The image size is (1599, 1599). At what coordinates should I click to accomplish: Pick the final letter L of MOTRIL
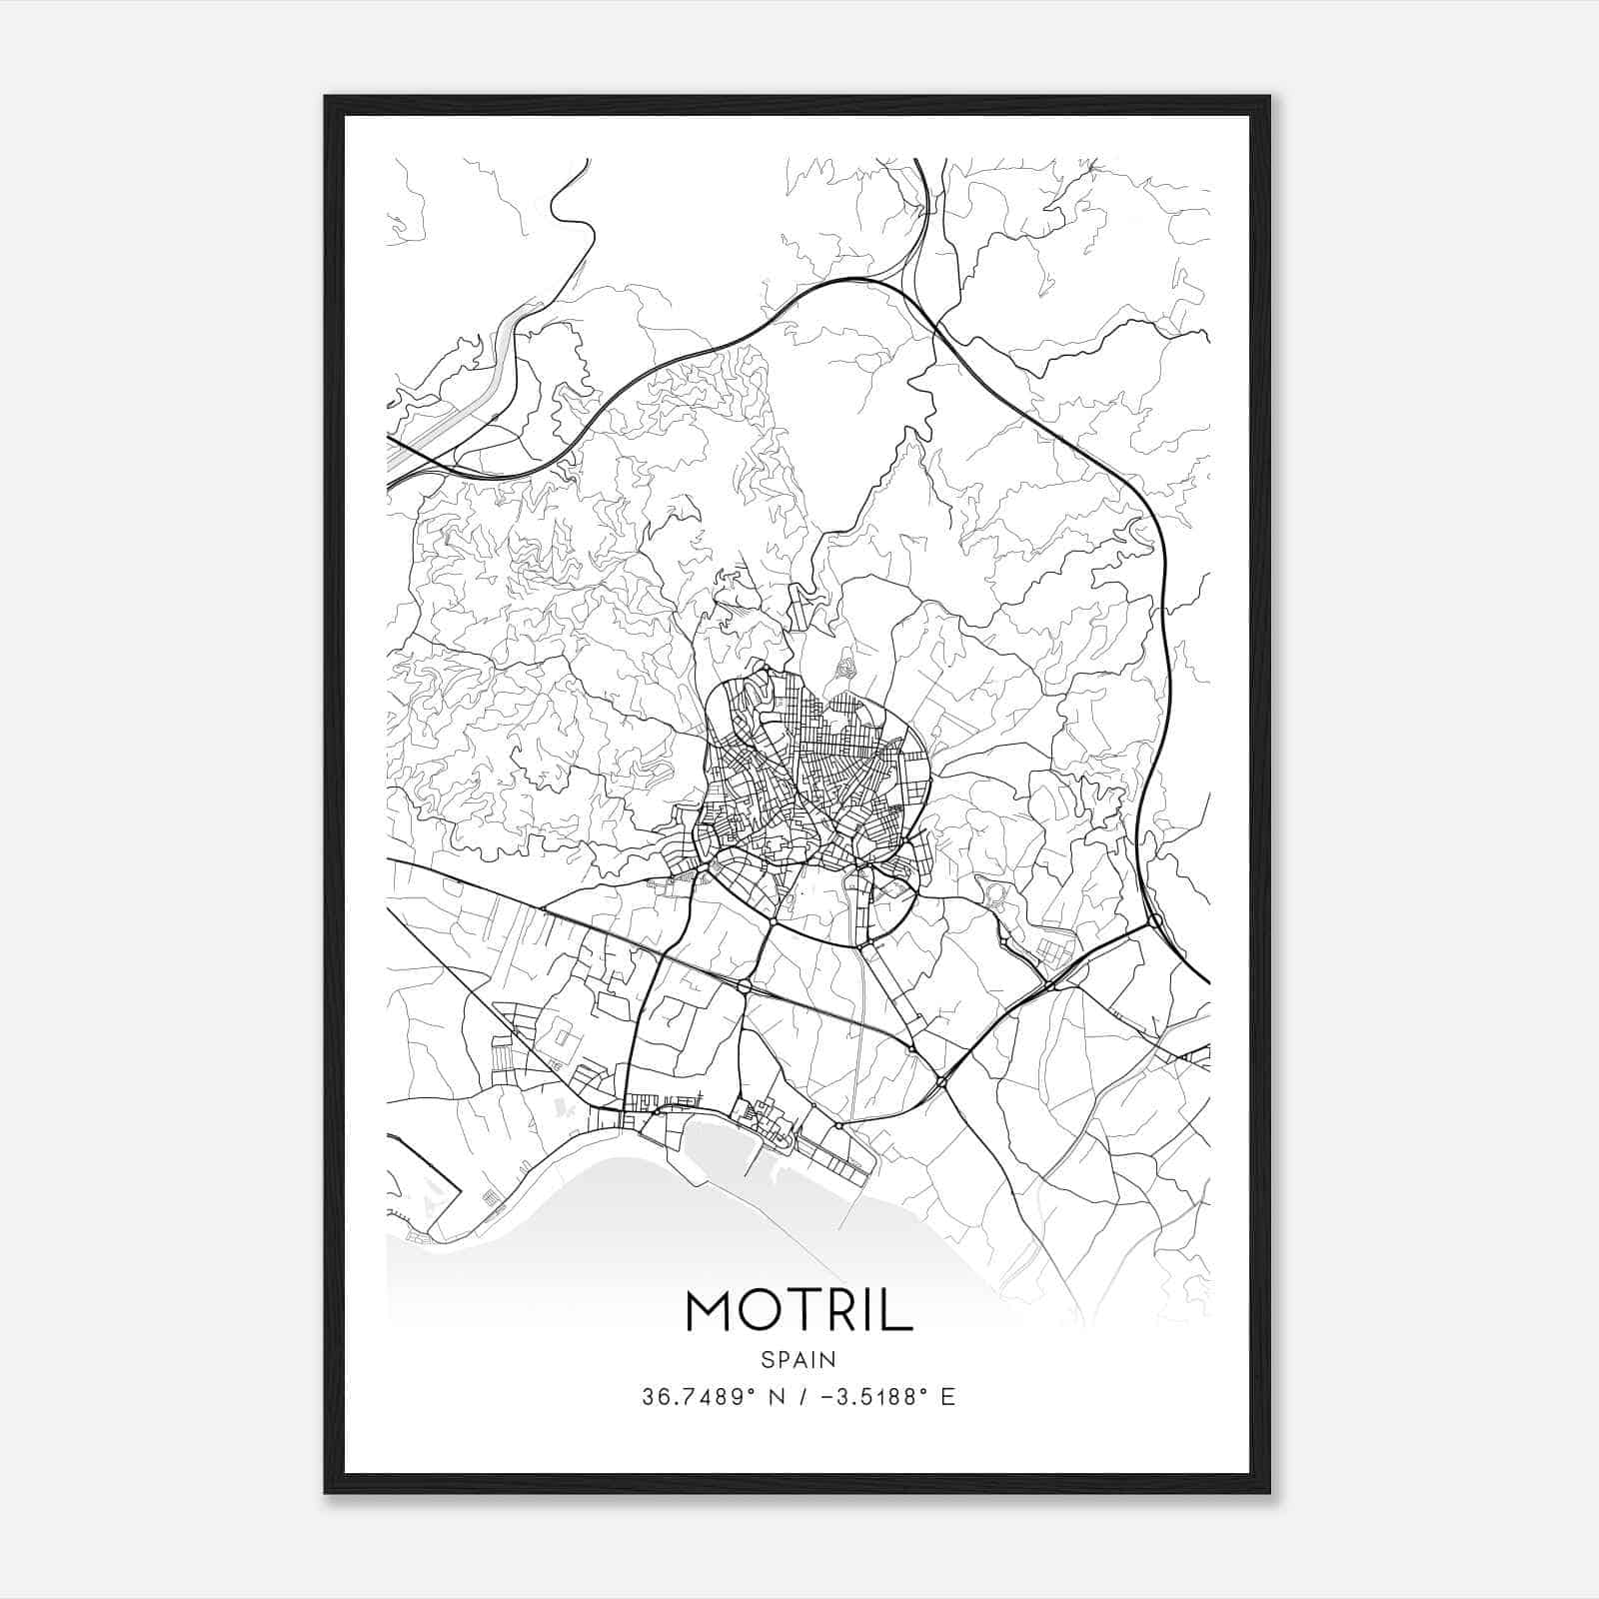900,1310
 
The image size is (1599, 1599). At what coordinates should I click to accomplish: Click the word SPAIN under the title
799,1359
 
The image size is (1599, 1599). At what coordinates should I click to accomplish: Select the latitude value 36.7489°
697,1397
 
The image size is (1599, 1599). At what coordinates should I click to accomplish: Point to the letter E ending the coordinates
947,1397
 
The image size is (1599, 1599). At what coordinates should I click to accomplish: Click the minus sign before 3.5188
826,1397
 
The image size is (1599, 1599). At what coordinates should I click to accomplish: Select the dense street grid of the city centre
809,780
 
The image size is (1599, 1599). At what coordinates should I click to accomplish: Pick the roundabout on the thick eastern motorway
1154,920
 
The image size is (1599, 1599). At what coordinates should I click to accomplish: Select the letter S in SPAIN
767,1359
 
